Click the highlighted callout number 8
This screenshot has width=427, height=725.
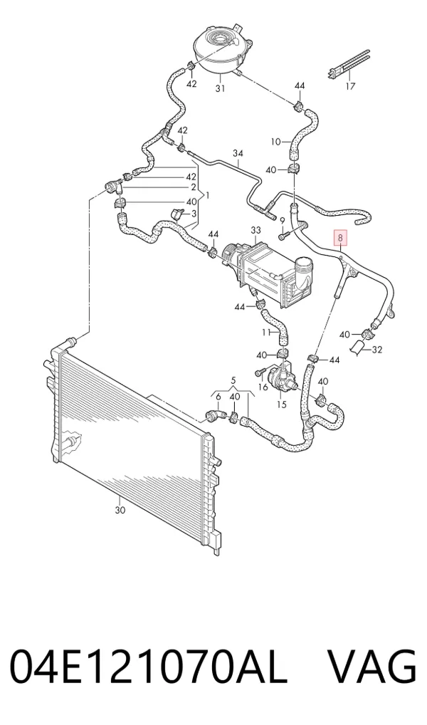click(341, 239)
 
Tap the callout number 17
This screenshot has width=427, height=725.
click(350, 85)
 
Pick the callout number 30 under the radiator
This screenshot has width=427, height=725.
click(120, 511)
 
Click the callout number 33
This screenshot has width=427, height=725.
click(255, 230)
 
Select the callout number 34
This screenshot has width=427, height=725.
click(238, 153)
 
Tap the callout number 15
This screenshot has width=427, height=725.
click(281, 404)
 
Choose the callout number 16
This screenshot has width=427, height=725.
click(263, 386)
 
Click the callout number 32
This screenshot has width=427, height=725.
click(377, 350)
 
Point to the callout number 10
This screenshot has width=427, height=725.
click(276, 142)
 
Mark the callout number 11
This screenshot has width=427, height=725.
click(266, 332)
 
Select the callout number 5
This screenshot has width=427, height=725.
click(233, 380)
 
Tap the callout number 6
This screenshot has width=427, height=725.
click(218, 397)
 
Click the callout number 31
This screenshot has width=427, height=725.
click(221, 88)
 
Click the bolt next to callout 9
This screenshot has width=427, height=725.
click(283, 236)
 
